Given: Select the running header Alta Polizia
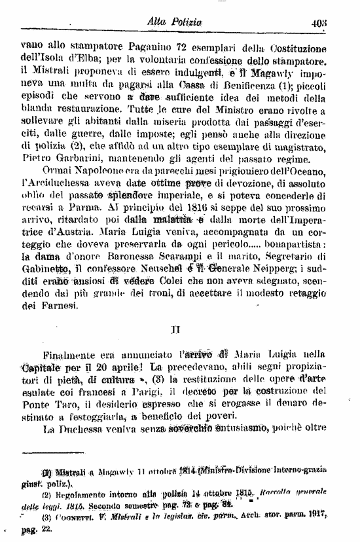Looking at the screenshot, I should [173, 23].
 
